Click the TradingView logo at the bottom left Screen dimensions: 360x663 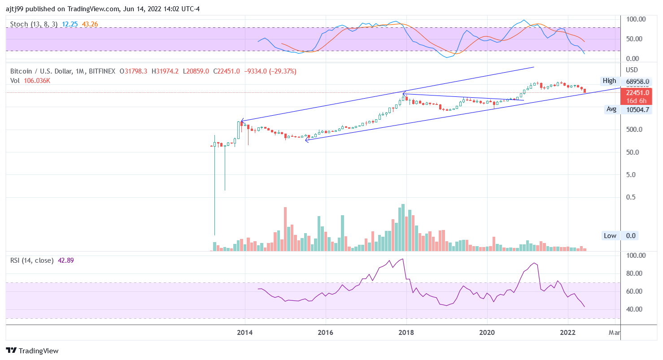tap(32, 351)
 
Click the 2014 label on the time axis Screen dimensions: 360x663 tap(244, 333)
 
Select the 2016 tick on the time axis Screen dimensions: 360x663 tap(325, 333)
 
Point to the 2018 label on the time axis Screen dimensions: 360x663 tap(406, 333)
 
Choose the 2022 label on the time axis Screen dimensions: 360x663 tap(568, 333)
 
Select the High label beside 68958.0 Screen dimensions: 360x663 tap(609, 81)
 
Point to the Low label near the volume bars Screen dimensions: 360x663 tap(610, 236)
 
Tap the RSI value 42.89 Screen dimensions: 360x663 tap(66, 260)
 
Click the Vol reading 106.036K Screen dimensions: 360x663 tap(36, 81)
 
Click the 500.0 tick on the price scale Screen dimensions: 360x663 tap(634, 130)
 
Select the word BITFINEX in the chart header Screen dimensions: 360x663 tap(102, 71)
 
